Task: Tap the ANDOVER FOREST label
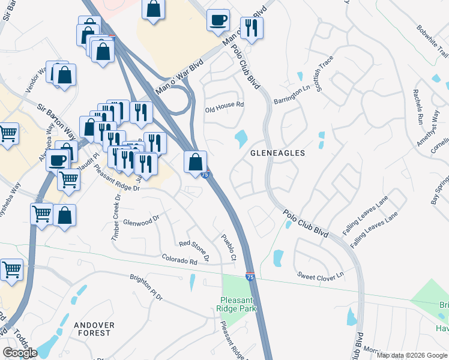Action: click(93, 328)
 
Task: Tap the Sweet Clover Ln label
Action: click(320, 275)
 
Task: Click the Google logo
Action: click(20, 353)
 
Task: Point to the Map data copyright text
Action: click(411, 355)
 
